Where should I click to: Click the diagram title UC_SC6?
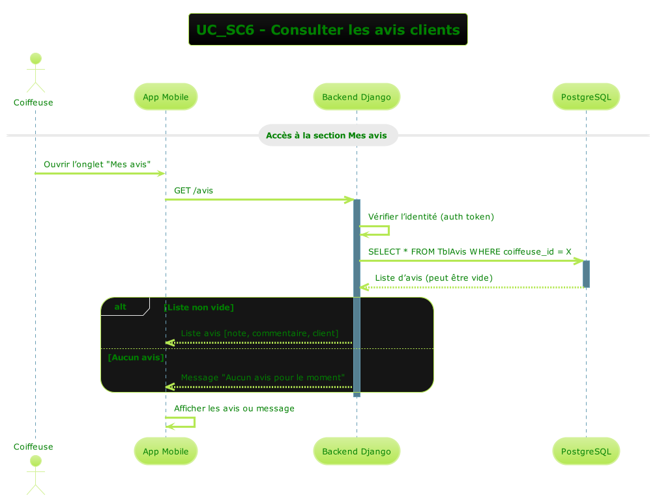click(328, 30)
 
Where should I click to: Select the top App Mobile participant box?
click(166, 97)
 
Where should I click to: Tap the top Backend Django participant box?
click(357, 97)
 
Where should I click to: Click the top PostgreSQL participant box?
click(586, 97)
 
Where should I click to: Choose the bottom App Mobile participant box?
click(166, 451)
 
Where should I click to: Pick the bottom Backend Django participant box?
click(357, 451)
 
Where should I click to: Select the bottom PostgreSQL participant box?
click(586, 451)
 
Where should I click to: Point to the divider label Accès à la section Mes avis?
click(328, 135)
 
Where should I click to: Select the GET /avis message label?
click(194, 191)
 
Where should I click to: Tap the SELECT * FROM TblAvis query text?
click(469, 251)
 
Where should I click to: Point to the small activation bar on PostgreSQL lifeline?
click(586, 273)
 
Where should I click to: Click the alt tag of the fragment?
click(121, 307)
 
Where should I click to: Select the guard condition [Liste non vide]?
click(199, 307)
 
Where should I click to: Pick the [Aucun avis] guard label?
click(136, 357)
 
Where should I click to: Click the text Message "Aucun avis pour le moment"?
click(263, 378)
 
